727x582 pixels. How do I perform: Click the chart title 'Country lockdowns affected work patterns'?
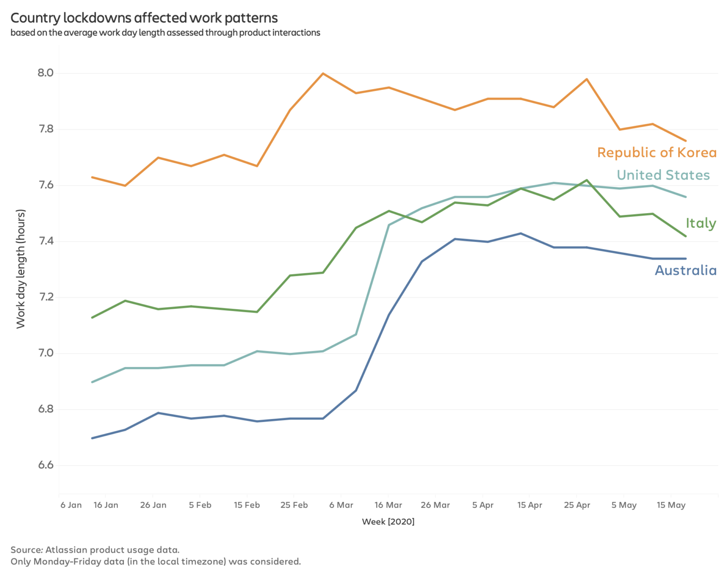[144, 18]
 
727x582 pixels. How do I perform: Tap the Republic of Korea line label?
[656, 152]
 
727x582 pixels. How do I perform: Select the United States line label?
[663, 175]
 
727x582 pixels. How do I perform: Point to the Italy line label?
[700, 223]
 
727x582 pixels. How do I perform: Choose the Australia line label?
[685, 270]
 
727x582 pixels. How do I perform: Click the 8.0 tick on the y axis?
[45, 73]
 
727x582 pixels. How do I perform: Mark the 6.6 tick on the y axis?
[45, 465]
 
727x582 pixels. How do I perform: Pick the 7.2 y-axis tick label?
[45, 297]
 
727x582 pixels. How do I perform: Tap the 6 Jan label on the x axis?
[71, 505]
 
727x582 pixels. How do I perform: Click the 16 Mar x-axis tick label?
[388, 505]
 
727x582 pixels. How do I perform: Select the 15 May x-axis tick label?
[671, 505]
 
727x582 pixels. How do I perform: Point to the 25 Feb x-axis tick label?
[294, 505]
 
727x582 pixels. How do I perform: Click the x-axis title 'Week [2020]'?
[388, 521]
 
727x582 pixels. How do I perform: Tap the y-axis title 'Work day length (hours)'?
[20, 269]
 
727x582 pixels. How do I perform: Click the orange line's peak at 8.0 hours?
[323, 73]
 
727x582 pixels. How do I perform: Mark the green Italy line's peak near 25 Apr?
[587, 180]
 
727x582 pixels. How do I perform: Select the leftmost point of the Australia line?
[92, 438]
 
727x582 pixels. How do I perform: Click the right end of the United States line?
[685, 197]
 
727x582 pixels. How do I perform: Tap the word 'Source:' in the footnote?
[27, 550]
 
